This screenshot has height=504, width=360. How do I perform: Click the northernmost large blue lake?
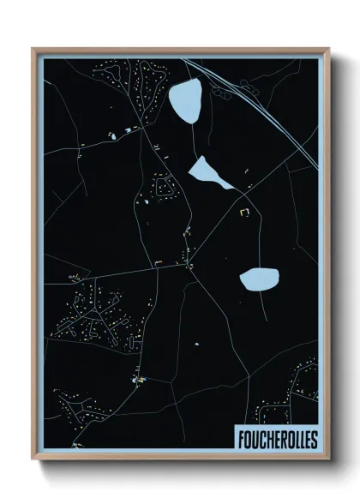pos(186,100)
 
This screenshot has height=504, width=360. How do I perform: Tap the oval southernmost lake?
pos(259,279)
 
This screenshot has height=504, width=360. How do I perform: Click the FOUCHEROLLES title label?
pos(276,438)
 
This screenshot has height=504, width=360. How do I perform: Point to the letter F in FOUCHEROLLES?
pos(239,438)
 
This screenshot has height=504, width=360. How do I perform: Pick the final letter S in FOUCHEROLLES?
pos(314,438)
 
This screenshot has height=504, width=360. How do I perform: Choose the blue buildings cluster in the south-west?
pos(137,376)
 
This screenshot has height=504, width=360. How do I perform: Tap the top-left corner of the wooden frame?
pos(33,49)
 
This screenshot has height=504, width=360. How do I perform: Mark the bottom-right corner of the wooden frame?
pos(327,460)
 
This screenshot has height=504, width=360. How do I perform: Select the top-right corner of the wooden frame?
pos(327,49)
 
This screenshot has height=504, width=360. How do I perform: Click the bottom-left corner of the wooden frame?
pos(33,460)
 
